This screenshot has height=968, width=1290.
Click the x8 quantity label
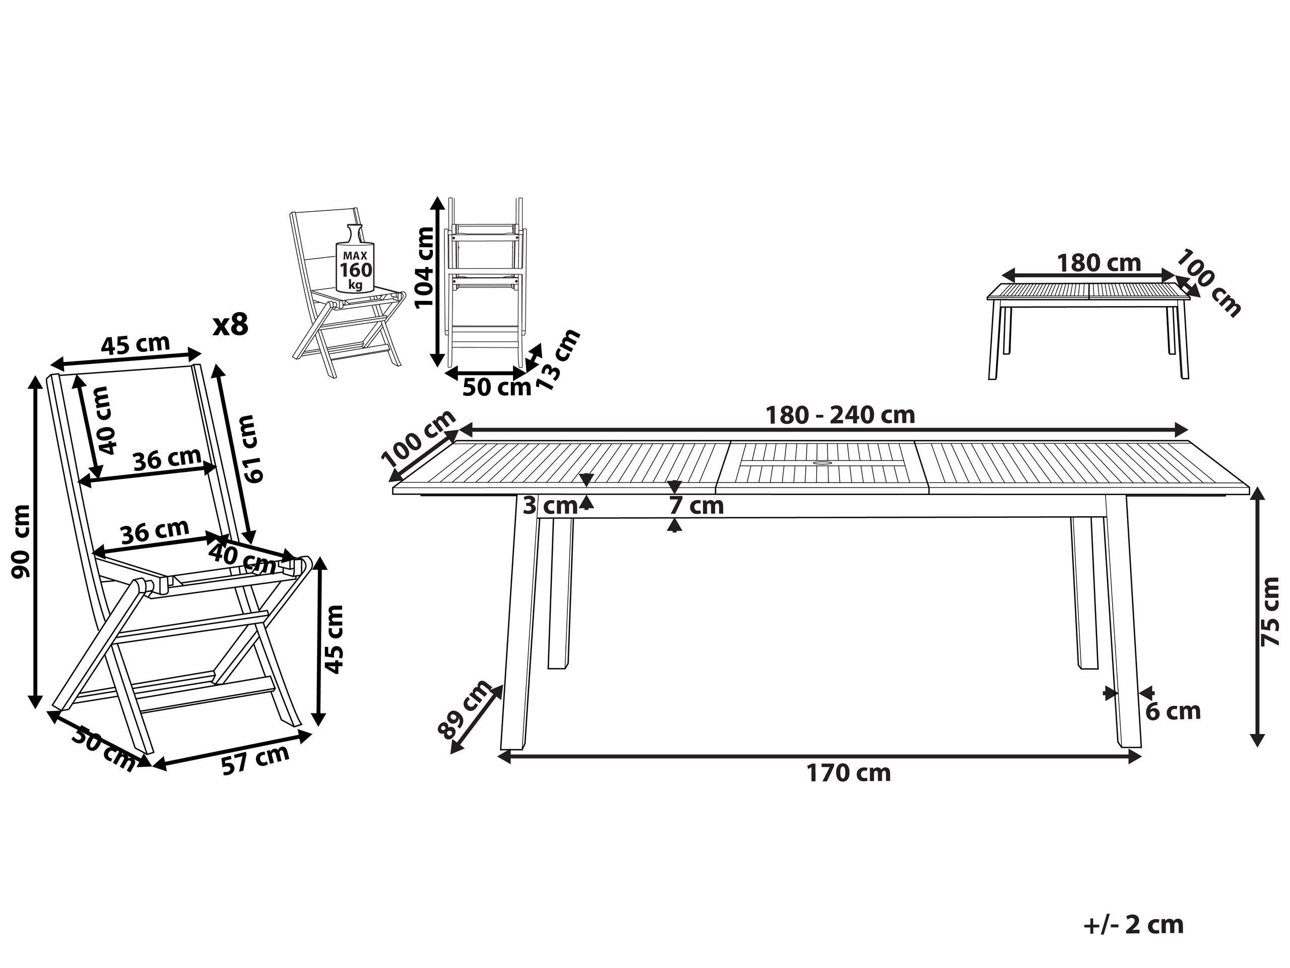pos(231,325)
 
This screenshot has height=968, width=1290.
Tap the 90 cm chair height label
pos(22,541)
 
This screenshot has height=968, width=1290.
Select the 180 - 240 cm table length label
pos(840,415)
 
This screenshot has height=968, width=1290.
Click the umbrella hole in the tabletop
pos(822,464)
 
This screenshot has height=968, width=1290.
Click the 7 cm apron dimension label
pos(696,506)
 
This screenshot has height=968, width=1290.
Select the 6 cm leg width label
pos(1173,711)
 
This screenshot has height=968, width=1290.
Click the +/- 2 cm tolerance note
pos(1134,924)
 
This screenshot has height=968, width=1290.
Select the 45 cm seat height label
pos(334,639)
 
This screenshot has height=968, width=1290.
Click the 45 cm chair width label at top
pos(135,345)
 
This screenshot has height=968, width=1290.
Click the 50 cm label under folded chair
pos(496,387)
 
